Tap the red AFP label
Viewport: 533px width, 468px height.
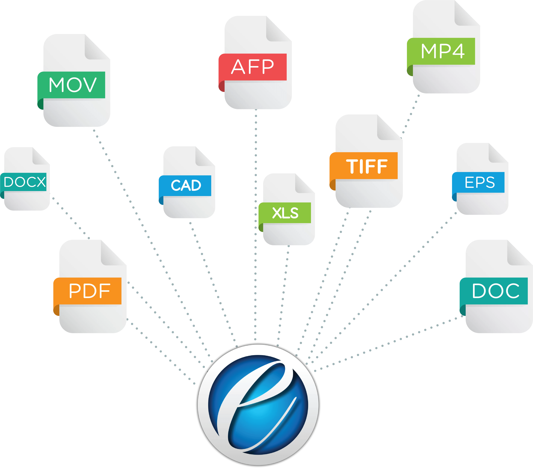point(253,67)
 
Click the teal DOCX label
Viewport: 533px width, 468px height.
point(25,182)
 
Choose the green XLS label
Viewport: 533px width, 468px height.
point(285,213)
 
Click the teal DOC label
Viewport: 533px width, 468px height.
point(495,291)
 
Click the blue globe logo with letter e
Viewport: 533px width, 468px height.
point(258,405)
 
